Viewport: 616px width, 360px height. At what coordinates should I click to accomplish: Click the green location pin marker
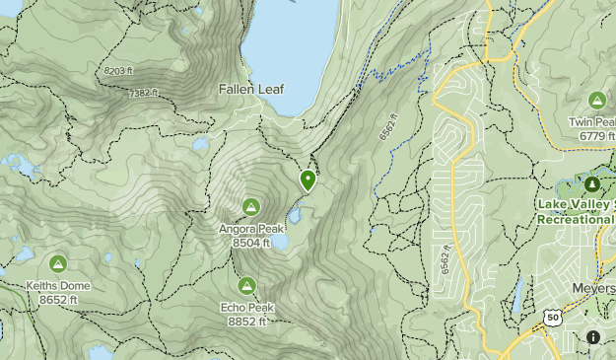coord(308,180)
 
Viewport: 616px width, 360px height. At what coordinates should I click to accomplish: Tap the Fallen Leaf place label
coord(251,89)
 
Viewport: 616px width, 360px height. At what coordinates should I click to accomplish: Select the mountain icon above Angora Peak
coord(250,206)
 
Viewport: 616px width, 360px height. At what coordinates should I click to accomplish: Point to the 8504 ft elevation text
coord(251,243)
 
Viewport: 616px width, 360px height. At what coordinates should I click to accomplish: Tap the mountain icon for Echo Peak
coord(246,285)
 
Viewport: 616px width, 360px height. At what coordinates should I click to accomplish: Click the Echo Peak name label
coord(246,307)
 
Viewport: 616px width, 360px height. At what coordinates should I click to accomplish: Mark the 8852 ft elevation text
coord(246,320)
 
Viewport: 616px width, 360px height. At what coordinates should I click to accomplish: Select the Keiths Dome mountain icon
coord(58,263)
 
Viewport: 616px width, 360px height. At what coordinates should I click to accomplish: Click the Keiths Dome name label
coord(58,286)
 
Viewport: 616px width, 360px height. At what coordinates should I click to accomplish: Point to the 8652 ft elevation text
coord(58,299)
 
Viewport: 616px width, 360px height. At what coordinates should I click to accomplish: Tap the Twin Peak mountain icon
coord(596,100)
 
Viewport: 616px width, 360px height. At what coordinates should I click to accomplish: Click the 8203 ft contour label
coord(115,71)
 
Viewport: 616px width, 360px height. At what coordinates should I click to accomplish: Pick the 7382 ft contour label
coord(144,92)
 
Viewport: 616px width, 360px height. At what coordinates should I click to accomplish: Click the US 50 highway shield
coord(552,317)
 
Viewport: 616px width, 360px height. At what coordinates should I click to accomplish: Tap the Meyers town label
coord(593,288)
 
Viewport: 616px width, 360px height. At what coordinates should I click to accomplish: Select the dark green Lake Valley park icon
coord(592,184)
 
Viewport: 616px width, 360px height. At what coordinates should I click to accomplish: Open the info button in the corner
coord(593,337)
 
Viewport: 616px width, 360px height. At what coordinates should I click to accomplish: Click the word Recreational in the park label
coord(577,219)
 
